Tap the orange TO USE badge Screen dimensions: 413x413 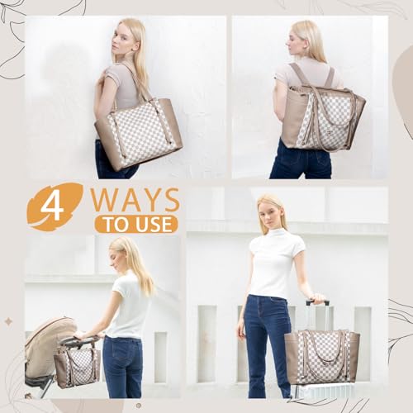pos(136,224)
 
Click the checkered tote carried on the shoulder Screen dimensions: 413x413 pos(139,132)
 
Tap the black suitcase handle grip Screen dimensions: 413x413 pos(317,302)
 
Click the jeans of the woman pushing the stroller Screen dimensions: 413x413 pos(122,366)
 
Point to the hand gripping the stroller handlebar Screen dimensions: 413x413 pos(80,335)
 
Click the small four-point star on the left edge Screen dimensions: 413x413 pos(8,321)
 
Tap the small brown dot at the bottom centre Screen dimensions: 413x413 pos(139,406)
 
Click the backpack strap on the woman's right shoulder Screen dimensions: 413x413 pos(330,77)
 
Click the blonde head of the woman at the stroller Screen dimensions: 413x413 pos(121,254)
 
